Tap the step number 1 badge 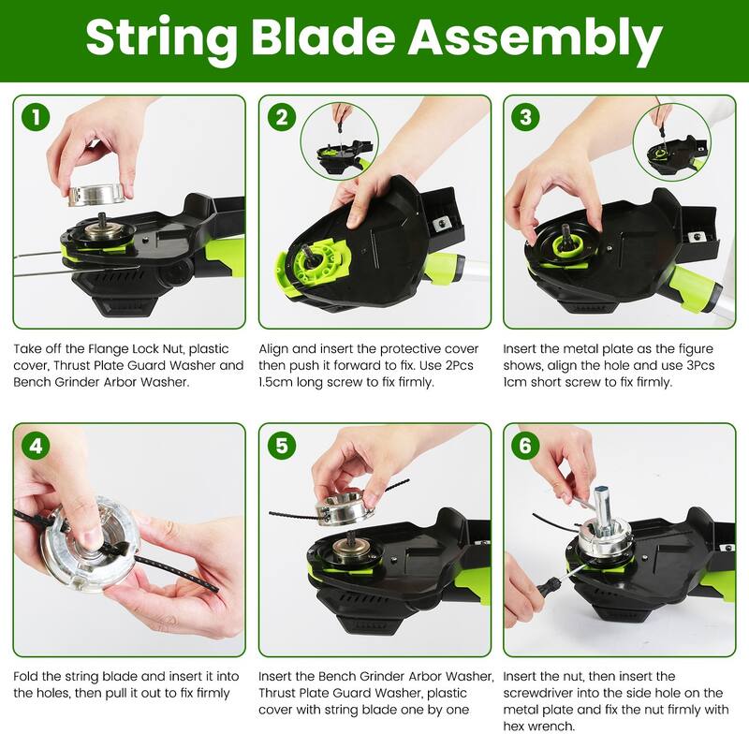(x=36, y=118)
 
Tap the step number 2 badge (x=282, y=118)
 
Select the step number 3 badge (x=526, y=118)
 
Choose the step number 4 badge (x=36, y=447)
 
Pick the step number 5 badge (x=282, y=447)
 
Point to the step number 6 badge (x=526, y=447)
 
